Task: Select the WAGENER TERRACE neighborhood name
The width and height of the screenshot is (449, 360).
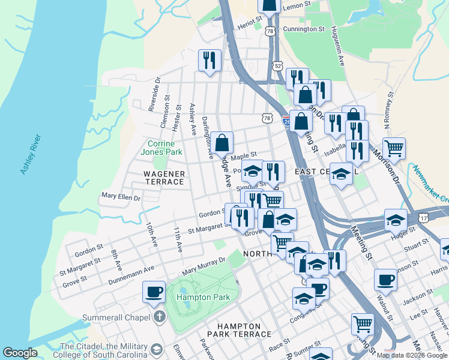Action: (x=163, y=178)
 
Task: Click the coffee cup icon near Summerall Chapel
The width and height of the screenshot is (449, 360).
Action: (x=154, y=292)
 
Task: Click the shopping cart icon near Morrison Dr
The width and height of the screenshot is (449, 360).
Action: (x=394, y=147)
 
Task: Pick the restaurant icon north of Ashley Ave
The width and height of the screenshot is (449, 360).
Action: (x=209, y=59)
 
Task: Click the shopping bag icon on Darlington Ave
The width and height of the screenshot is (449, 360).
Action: (x=221, y=143)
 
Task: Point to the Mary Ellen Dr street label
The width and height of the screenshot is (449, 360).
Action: (x=121, y=197)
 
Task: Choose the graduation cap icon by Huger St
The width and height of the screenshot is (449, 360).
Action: (x=396, y=220)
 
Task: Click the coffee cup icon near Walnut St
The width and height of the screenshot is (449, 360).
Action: (x=385, y=279)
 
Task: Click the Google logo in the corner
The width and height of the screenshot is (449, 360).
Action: (x=20, y=353)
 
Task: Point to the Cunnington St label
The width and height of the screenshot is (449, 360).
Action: (x=304, y=28)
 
